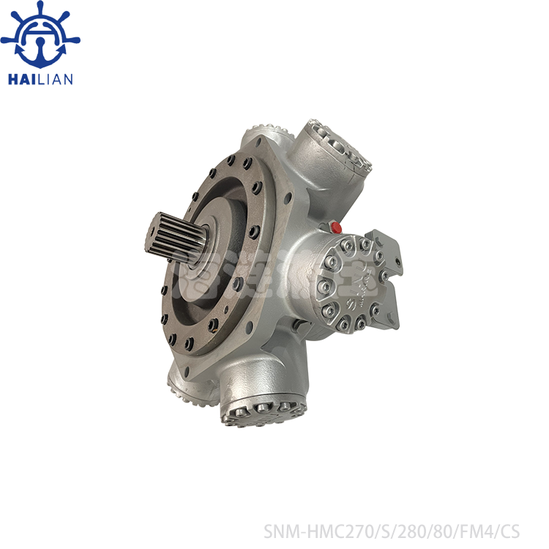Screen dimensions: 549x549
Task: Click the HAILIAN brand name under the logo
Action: click(40, 79)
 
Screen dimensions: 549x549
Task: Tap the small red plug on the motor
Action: click(337, 227)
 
